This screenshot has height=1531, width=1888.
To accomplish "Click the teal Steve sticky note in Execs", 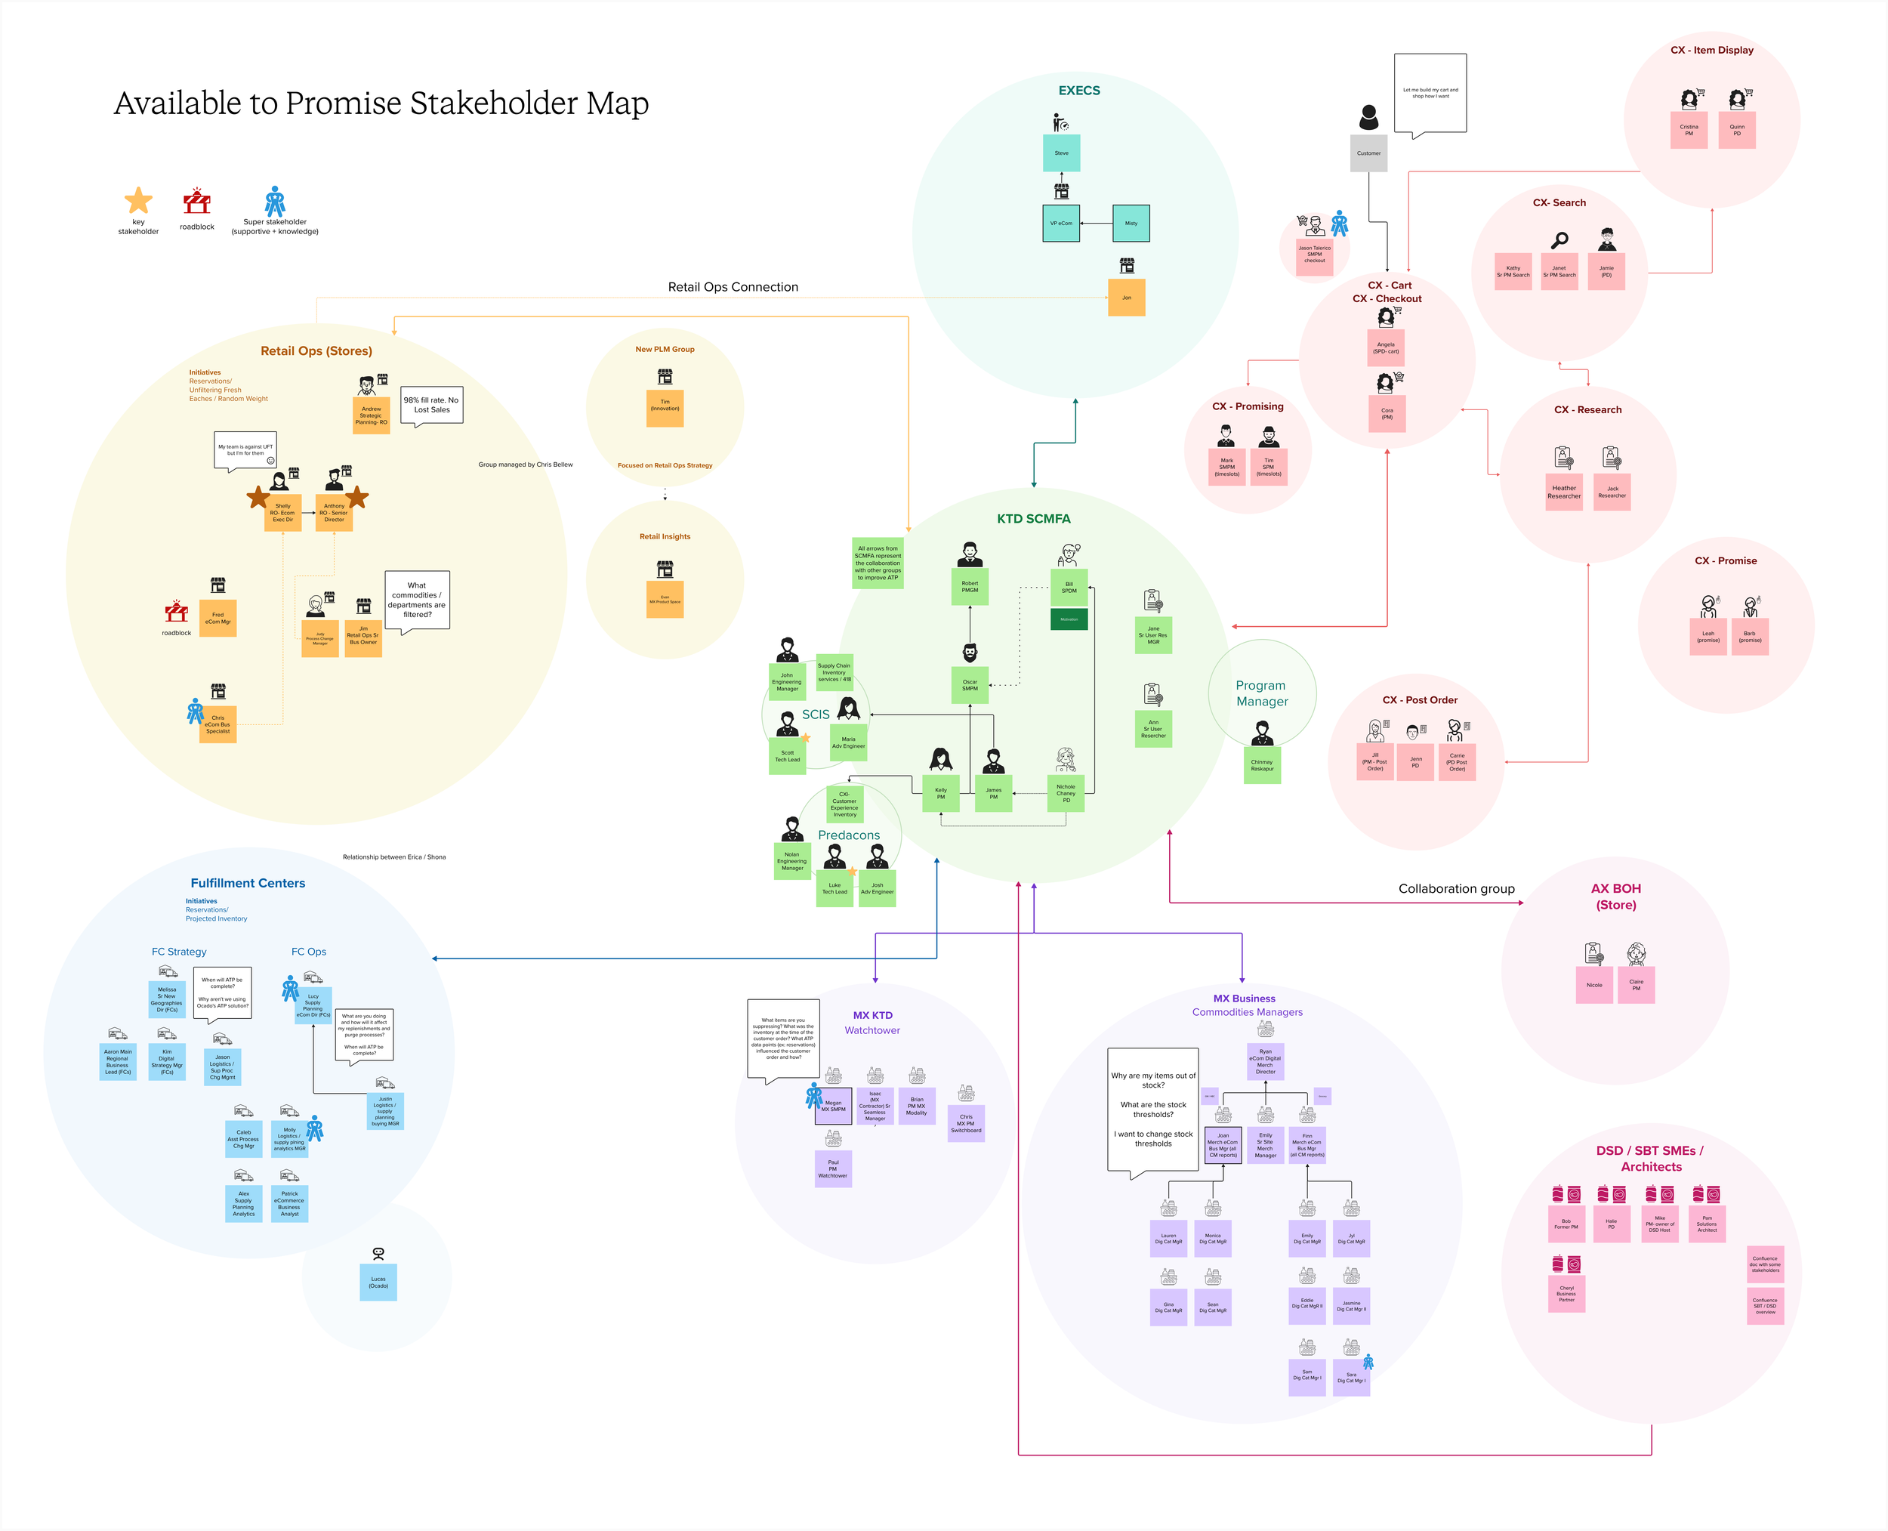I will click(x=1061, y=153).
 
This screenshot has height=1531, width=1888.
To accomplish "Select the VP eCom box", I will click(x=1061, y=223).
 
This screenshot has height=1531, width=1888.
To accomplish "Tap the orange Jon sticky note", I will click(x=1126, y=297).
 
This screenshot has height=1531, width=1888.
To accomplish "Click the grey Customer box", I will click(x=1368, y=153).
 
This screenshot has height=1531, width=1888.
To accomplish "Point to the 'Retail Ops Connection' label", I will click(x=733, y=286).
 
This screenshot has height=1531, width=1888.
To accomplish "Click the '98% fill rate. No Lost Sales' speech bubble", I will click(x=431, y=405).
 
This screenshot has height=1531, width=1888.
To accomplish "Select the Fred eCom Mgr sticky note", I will click(x=217, y=619).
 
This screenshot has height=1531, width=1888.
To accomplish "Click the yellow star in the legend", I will click(x=138, y=201).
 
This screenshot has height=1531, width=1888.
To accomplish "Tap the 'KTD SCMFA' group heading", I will click(x=1034, y=519).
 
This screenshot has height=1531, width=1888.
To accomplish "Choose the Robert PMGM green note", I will click(x=969, y=586).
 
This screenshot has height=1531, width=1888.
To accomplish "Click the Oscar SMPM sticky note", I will click(x=969, y=684).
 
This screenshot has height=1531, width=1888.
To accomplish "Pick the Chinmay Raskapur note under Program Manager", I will click(x=1262, y=766).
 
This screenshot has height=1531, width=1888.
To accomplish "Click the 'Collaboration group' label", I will click(x=1456, y=889).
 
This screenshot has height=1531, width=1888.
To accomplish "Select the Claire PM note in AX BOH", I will click(x=1636, y=985).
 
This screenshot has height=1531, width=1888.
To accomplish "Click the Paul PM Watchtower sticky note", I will click(x=832, y=1168).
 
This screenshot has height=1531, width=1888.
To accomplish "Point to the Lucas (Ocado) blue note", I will click(x=378, y=1283).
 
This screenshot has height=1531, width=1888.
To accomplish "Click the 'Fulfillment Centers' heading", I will click(x=248, y=883).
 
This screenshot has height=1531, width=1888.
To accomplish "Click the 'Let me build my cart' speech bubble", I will click(x=1430, y=93).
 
